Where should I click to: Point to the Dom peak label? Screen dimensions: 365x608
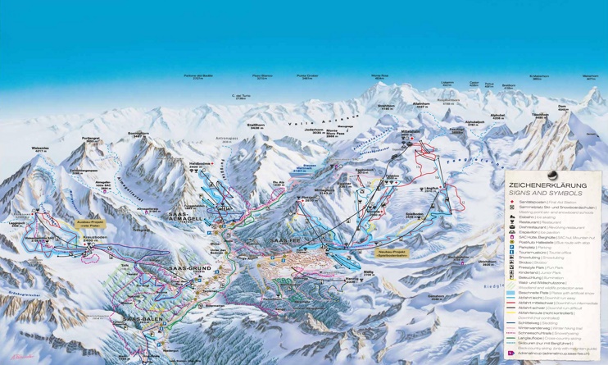tap(562, 107)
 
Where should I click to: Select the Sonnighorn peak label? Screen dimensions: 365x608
tap(138, 133)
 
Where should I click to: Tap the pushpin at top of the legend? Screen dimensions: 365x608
tap(551, 173)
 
